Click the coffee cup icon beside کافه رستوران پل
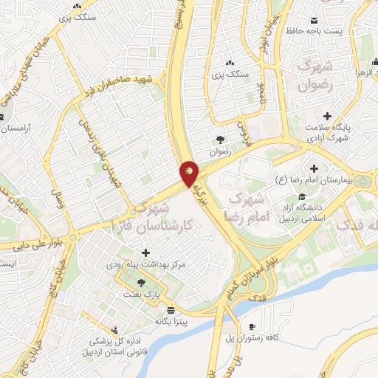coord(252,326)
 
